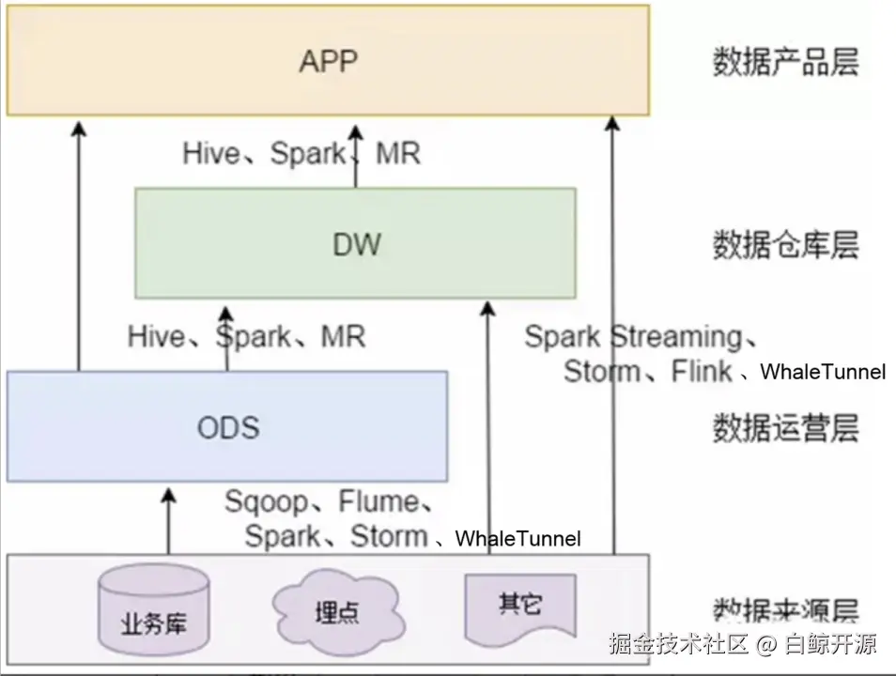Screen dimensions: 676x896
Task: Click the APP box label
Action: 329,62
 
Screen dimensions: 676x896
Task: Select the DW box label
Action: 357,245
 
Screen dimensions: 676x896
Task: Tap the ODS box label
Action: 227,428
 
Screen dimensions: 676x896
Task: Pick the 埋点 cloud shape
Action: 336,610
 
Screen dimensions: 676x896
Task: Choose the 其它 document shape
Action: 519,606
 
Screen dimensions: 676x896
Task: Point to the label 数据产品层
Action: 785,63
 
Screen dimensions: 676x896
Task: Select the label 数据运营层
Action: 785,429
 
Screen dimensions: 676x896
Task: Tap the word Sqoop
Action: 266,502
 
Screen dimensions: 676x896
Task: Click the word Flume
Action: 378,502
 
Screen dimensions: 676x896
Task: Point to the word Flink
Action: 702,372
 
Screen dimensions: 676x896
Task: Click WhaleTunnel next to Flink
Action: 823,373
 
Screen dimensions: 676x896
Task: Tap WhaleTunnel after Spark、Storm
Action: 518,539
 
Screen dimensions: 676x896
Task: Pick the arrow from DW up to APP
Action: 356,155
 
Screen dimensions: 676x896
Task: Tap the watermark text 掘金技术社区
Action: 677,644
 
